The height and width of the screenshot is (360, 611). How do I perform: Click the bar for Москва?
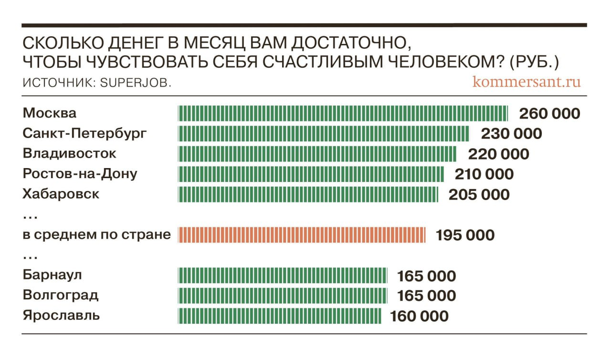coord(342,113)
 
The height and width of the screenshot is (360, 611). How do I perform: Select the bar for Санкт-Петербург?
coord(323,133)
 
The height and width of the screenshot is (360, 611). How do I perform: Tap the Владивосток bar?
coord(317,154)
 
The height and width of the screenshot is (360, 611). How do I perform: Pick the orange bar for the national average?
coord(301,235)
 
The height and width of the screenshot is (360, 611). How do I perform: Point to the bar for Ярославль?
coord(280,316)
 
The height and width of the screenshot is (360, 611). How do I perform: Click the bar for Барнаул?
coord(283,276)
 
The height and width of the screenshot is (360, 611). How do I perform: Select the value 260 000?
coord(549,113)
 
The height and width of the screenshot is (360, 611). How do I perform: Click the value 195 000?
coord(465,235)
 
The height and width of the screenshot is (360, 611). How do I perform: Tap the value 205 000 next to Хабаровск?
coord(479,195)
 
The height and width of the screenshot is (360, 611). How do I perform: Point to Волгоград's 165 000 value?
coord(426,296)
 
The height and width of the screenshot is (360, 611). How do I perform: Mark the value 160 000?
coord(420,316)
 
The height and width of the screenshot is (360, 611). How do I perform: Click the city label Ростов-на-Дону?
coord(80,174)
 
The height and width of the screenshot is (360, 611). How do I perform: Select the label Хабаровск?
coord(61,194)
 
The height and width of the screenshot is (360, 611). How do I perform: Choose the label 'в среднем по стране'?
coord(97,235)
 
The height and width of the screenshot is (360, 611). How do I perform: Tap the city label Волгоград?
coord(61,295)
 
